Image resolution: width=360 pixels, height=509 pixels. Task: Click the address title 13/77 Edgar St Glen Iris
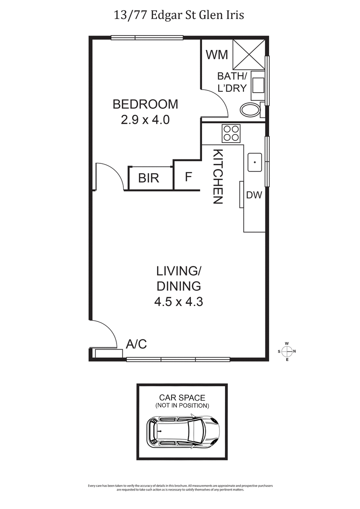coord(180,16)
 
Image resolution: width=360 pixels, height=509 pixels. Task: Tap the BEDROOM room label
coord(145,104)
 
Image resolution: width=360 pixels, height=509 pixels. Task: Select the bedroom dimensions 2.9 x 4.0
coord(145,120)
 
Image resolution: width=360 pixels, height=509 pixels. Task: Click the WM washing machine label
coord(217,55)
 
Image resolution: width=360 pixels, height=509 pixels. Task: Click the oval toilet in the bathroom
coord(250,109)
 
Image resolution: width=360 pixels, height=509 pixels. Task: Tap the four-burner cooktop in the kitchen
coord(231,133)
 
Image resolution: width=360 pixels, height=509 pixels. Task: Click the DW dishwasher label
coord(254,195)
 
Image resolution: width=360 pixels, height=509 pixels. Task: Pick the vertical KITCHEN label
coord(218,176)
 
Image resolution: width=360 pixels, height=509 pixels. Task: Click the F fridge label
coord(189,177)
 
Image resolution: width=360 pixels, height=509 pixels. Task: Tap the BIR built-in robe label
coord(148,178)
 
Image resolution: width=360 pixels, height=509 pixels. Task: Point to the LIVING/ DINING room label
coord(179,278)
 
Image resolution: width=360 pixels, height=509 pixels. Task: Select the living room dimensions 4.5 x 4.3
coord(179,302)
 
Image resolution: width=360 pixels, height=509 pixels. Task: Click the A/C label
coord(136,344)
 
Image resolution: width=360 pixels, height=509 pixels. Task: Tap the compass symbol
coord(287,351)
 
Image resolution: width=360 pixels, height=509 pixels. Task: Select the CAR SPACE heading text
coord(182,397)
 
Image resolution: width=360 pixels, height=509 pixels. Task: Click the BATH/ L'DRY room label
coord(232,82)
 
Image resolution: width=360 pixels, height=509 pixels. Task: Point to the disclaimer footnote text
coord(180,488)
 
